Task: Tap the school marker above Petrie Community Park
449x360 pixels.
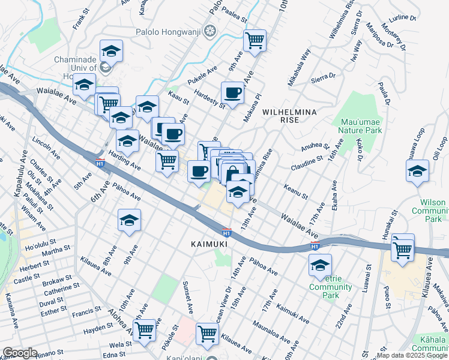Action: (x=321, y=265)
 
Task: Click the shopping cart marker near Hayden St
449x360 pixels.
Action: (x=144, y=329)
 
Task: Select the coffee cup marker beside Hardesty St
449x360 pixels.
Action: (x=232, y=93)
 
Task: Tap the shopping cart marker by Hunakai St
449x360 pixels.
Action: (x=402, y=248)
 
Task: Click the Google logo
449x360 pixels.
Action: (x=20, y=353)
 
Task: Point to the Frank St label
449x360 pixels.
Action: (x=80, y=22)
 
